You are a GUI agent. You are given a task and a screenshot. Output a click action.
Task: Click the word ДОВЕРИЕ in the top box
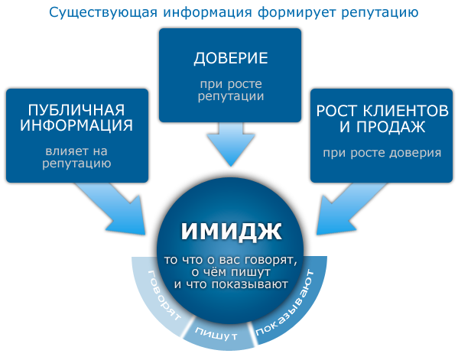(231, 58)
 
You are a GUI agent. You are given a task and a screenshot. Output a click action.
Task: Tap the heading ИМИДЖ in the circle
(232, 231)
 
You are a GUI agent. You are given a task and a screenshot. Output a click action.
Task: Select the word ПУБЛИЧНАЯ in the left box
(76, 110)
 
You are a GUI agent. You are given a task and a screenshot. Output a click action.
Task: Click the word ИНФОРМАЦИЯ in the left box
(76, 125)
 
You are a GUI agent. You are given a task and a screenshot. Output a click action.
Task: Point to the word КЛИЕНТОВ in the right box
(406, 111)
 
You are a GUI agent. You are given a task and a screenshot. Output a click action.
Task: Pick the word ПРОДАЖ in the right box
(391, 126)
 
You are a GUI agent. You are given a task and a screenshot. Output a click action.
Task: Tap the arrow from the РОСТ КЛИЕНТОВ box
(349, 208)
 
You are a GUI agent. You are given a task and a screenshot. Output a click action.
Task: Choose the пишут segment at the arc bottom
(216, 335)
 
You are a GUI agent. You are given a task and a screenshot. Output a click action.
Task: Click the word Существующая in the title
(103, 13)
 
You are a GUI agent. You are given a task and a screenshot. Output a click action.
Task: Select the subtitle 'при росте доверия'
(382, 153)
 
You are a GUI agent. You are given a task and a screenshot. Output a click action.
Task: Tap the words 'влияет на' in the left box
(76, 151)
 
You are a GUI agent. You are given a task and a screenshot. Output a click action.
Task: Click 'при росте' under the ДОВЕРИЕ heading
(231, 85)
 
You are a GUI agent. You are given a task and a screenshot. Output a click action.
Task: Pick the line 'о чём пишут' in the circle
(231, 272)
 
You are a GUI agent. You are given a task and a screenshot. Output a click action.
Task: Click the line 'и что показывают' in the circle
(231, 284)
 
